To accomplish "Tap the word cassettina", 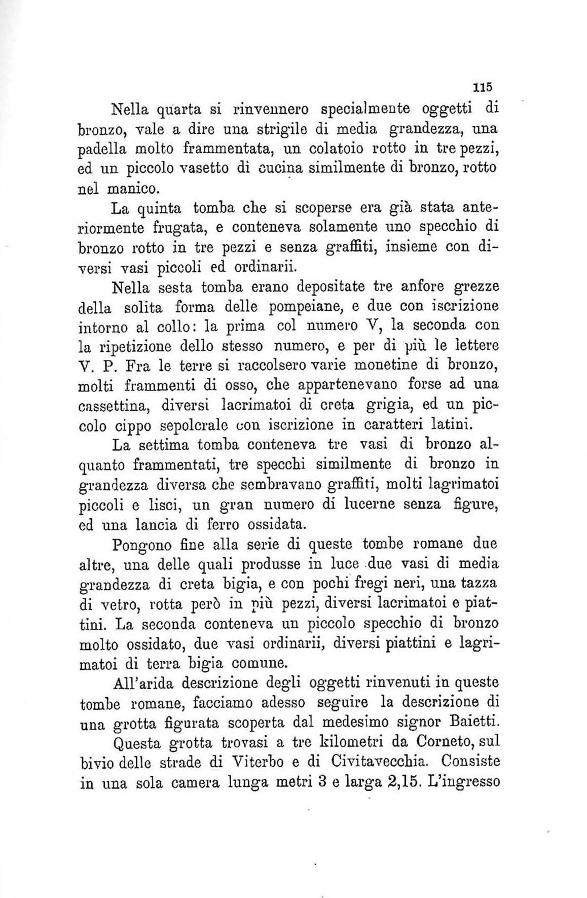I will (x=116, y=406).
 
